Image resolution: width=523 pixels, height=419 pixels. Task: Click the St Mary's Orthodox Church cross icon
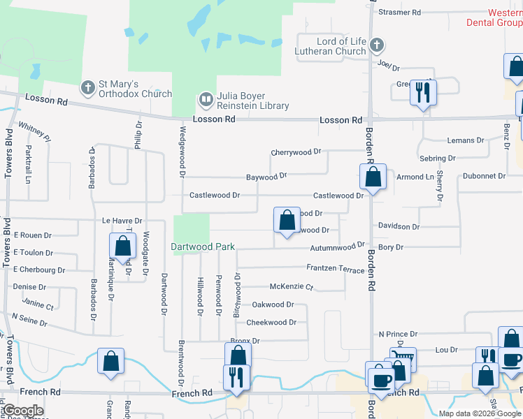(x=87, y=88)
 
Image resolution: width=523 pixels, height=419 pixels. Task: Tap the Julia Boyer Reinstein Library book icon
(x=206, y=99)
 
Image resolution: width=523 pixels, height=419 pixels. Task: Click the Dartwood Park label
(x=203, y=247)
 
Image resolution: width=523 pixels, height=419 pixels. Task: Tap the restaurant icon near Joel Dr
(x=422, y=92)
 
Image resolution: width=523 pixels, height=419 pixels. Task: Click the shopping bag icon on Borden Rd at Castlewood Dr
(x=373, y=177)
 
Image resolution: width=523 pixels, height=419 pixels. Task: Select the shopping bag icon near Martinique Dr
(x=123, y=247)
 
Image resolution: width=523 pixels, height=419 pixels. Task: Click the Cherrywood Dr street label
(x=296, y=152)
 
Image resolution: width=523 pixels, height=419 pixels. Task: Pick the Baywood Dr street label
(x=266, y=177)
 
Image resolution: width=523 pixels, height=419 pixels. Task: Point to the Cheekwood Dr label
(x=271, y=323)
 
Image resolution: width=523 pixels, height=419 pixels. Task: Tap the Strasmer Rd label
(x=399, y=12)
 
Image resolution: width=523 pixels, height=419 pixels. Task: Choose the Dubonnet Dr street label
(x=482, y=176)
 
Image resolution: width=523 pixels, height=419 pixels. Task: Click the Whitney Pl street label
(x=34, y=131)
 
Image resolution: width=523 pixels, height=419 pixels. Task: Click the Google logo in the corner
(x=22, y=410)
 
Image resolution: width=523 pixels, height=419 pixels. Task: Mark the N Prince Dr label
(x=398, y=335)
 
